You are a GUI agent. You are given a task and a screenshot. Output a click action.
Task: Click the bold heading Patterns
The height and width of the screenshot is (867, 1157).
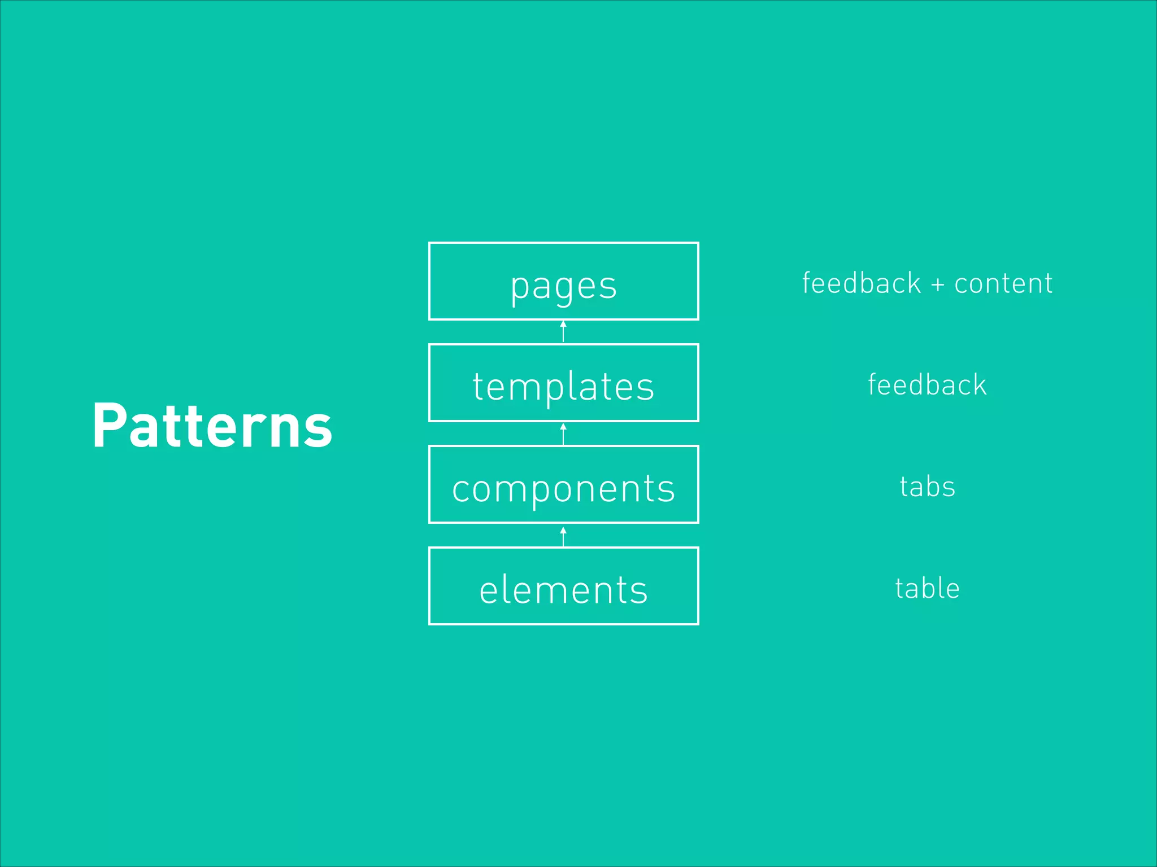[x=212, y=426]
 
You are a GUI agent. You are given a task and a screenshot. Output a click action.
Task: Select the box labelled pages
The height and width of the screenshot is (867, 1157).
[x=563, y=281]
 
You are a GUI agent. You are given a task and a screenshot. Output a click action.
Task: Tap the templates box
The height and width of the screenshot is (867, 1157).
[x=563, y=383]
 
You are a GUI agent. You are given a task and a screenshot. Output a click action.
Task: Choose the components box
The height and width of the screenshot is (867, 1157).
[x=563, y=484]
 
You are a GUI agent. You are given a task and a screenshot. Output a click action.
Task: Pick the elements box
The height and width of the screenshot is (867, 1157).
[x=563, y=586]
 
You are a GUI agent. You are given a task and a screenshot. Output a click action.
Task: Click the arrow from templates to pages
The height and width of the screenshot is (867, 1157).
[x=563, y=332]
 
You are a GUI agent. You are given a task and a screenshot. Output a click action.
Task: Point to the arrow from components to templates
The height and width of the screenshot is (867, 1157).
[x=563, y=433]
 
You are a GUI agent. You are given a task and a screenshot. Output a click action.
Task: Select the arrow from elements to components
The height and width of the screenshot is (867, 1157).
[x=563, y=536]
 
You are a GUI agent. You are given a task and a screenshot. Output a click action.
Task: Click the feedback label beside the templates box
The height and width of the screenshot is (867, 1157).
[x=927, y=385]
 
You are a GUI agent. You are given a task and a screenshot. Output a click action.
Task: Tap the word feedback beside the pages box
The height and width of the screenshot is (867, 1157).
[x=862, y=283]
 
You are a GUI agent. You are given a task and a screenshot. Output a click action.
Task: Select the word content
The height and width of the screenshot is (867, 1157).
[x=1003, y=283]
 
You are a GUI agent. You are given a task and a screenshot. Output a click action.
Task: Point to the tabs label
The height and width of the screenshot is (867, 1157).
[x=927, y=487]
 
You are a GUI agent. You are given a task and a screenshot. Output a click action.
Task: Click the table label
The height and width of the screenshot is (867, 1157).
[x=927, y=588]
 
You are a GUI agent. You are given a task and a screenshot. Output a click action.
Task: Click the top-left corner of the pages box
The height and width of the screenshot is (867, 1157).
[x=429, y=243]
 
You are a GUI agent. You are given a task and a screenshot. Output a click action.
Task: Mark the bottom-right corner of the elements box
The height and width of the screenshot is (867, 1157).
[x=698, y=624]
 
